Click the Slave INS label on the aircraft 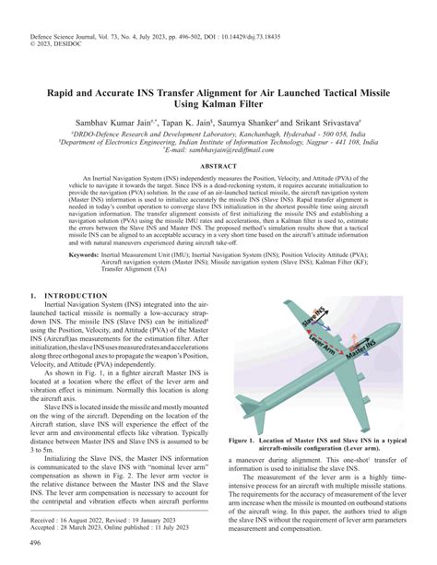(x=316, y=323)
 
